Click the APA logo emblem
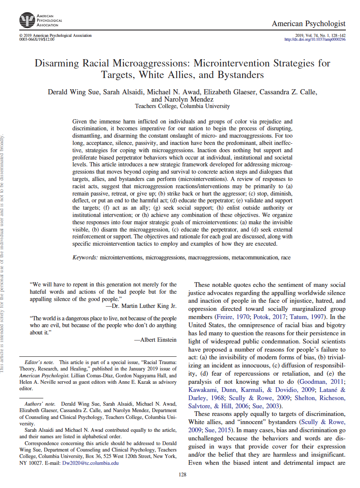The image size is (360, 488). click(27, 20)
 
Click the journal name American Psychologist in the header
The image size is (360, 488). click(308, 24)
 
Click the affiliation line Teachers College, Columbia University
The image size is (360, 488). click(182, 106)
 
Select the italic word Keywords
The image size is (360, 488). click(85, 258)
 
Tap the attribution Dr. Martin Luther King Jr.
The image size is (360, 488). click(144, 306)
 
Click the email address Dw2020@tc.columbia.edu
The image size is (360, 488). click(90, 463)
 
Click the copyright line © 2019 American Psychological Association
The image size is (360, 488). click(55, 36)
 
